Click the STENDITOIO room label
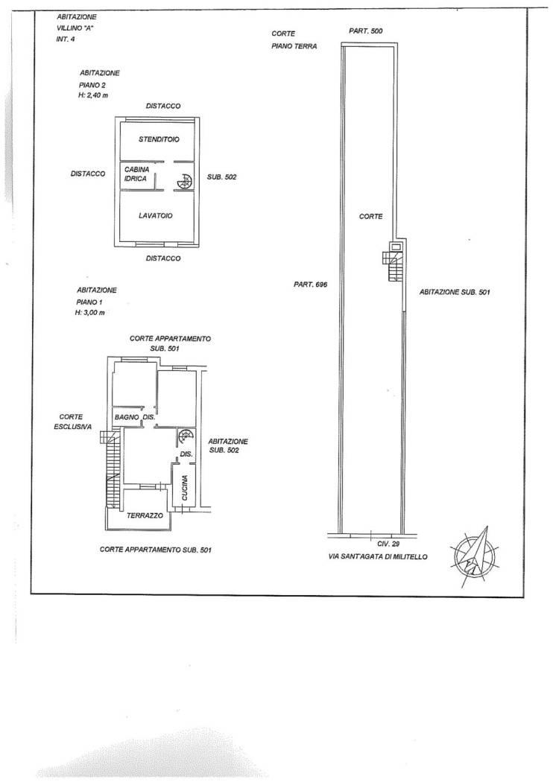(159, 139)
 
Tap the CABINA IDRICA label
(136, 174)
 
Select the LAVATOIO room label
(156, 215)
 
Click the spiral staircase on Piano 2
(184, 182)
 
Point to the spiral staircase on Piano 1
(186, 437)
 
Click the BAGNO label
(126, 417)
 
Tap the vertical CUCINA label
(185, 488)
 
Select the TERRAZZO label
(145, 515)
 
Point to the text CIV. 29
(389, 544)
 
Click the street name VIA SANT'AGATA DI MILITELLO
(378, 556)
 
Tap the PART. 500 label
(366, 31)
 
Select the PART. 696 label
(310, 284)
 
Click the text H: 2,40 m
(93, 95)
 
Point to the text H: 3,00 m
(89, 313)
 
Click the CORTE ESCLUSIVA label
(73, 422)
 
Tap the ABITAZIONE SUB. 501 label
(455, 292)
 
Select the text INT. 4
(66, 39)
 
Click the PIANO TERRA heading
(294, 46)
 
